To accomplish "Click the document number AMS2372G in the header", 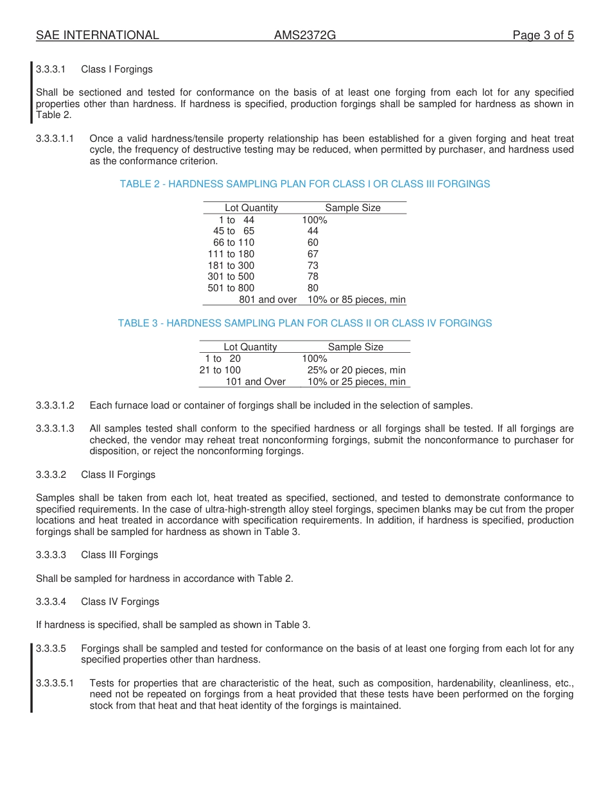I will coord(304,35).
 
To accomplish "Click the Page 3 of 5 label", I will coord(543,35).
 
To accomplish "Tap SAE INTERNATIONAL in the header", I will coord(98,35).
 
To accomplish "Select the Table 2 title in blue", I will coord(304,184).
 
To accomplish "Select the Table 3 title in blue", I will coord(304,323).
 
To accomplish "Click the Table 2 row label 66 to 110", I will coord(234,242).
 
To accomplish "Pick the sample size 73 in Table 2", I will coord(313,266).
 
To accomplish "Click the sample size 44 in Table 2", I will coord(313,231).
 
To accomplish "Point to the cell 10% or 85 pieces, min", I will coord(356,300).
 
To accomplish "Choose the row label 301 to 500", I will coord(231,276).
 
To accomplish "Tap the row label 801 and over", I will coord(268,300).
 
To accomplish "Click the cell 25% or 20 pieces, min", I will coord(356,370).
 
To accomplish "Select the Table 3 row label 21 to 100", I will coord(220,370).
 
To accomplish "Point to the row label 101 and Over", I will coord(255,382).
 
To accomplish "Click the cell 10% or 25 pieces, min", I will coord(356,382).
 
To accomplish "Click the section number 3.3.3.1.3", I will coord(55,428).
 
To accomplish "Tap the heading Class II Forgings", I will coord(118,475).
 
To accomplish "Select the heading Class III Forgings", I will coord(119,555).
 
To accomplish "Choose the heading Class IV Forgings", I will coord(120,602).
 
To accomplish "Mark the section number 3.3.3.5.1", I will coord(55,683).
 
